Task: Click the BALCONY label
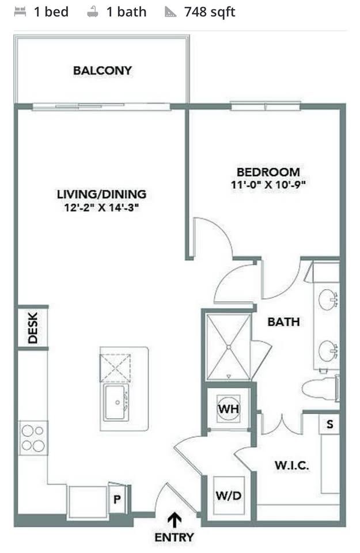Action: click(x=103, y=70)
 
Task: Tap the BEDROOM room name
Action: click(x=268, y=172)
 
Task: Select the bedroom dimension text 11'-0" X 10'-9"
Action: click(x=268, y=184)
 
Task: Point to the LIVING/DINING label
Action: click(x=101, y=194)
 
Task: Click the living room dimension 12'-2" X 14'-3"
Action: click(x=101, y=207)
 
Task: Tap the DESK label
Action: click(x=32, y=328)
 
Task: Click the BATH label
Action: click(x=283, y=321)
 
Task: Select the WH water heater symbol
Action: click(x=229, y=409)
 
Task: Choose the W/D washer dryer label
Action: click(x=229, y=495)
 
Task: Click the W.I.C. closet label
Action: click(x=291, y=465)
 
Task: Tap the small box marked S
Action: click(x=329, y=425)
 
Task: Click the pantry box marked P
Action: click(x=118, y=499)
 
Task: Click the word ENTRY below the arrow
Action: click(x=174, y=537)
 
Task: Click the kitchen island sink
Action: click(x=116, y=403)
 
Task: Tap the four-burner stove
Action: click(x=33, y=438)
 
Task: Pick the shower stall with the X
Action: click(x=229, y=348)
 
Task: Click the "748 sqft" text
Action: click(x=210, y=12)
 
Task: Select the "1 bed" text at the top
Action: click(x=51, y=12)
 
